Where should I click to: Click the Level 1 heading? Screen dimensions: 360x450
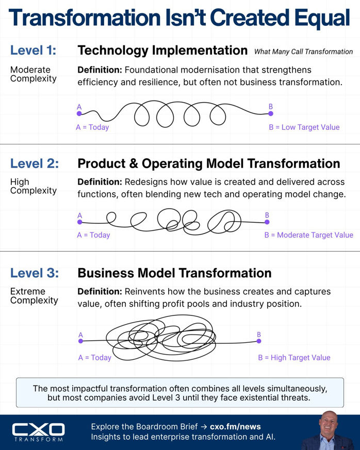point(34,50)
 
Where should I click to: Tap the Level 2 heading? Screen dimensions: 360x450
point(35,163)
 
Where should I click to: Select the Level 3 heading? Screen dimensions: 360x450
point(35,273)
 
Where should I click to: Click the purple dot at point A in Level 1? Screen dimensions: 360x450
point(79,113)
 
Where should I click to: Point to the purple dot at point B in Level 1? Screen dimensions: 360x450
point(271,113)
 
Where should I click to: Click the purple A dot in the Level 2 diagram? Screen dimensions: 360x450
point(80,222)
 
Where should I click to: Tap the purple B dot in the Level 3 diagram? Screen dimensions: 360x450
point(259,341)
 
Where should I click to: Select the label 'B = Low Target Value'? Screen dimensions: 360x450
point(304,127)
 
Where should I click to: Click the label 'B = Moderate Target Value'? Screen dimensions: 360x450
point(309,235)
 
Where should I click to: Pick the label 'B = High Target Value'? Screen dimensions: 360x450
point(294,358)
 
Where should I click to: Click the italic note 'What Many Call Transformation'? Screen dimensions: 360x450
point(303,52)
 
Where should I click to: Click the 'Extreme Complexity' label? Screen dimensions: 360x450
point(34,296)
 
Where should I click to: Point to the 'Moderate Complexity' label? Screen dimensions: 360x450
point(34,74)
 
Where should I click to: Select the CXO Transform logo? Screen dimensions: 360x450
point(39,432)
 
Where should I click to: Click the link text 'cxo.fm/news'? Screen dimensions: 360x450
point(235,427)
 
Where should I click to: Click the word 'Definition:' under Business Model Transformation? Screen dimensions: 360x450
point(100,292)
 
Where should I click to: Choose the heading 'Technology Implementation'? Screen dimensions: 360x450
point(162,51)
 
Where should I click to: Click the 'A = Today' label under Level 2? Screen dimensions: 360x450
point(93,235)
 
